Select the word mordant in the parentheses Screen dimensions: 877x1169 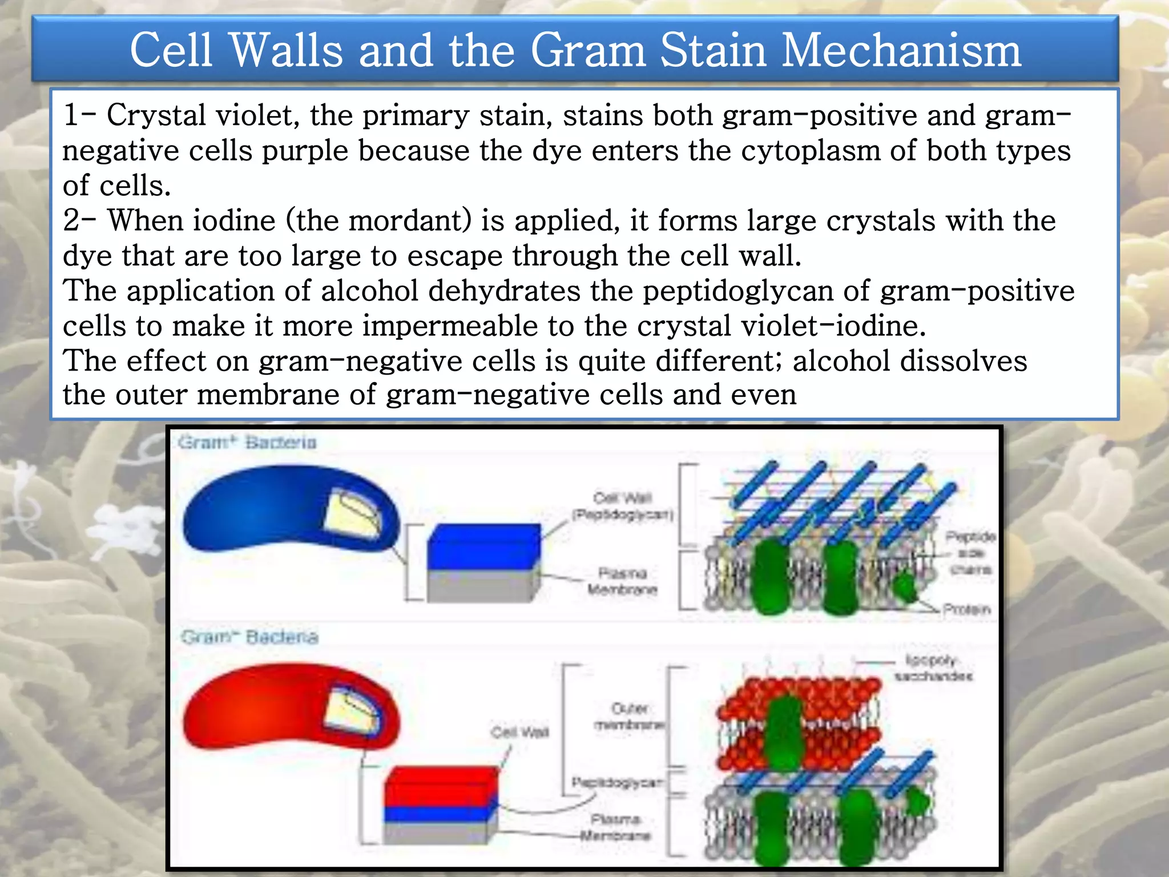pyautogui.click(x=410, y=220)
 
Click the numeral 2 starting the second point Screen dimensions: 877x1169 pyautogui.click(x=71, y=220)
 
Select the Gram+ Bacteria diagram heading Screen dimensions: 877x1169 pyautogui.click(x=247, y=442)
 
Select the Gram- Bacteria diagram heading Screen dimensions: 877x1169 pyautogui.click(x=249, y=637)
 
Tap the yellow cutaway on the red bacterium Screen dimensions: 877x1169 pyautogui.click(x=351, y=711)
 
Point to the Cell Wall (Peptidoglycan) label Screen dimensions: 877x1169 pyautogui.click(x=623, y=506)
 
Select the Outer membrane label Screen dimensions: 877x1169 pyautogui.click(x=630, y=717)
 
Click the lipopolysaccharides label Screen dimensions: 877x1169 pyautogui.click(x=933, y=668)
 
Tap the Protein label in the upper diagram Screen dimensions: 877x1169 pyautogui.click(x=966, y=609)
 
